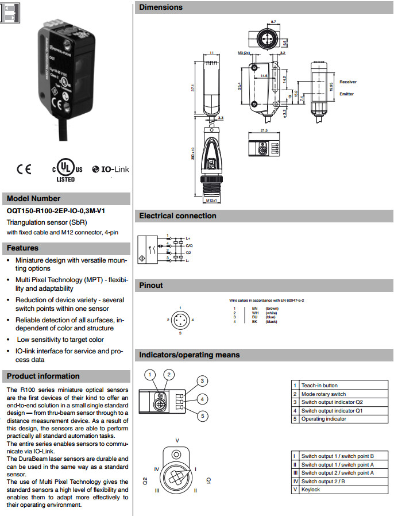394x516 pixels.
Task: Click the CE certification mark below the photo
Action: [x=24, y=170]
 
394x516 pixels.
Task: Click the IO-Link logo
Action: [x=110, y=170]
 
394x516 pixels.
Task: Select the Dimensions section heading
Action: [x=161, y=7]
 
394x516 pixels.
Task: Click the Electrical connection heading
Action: [x=177, y=216]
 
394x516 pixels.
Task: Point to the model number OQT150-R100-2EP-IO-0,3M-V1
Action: [x=51, y=211]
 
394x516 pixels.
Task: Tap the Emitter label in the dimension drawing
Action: [x=346, y=94]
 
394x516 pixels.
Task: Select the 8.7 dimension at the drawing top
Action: [x=273, y=21]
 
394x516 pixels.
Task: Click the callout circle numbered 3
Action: [x=203, y=381]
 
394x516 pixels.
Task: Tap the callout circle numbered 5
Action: [x=203, y=416]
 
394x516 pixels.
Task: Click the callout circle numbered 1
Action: [x=150, y=375]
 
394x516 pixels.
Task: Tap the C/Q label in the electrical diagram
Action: [x=189, y=245]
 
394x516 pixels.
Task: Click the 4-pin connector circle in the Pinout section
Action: [x=180, y=319]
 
